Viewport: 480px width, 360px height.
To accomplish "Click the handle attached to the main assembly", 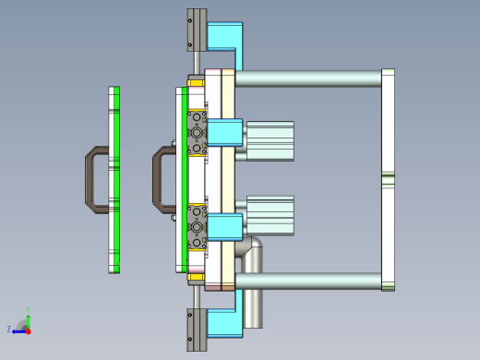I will pos(159,178).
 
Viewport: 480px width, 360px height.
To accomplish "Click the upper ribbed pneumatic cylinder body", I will pos(270,140).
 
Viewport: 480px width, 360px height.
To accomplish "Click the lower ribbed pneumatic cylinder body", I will pos(270,214).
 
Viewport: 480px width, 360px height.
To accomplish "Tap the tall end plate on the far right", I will pos(388,179).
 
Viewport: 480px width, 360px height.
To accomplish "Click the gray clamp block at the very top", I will pos(196,30).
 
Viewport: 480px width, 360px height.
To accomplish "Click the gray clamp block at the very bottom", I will pos(196,330).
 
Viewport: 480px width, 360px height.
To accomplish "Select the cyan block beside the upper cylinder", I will pos(224,132).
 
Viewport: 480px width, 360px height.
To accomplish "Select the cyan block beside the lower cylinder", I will pos(224,227).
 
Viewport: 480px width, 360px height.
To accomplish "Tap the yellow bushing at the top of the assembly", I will pos(196,82).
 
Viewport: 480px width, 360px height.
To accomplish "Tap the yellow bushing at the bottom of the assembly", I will pos(196,276).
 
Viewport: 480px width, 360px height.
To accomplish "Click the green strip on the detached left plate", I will pos(115,179).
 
